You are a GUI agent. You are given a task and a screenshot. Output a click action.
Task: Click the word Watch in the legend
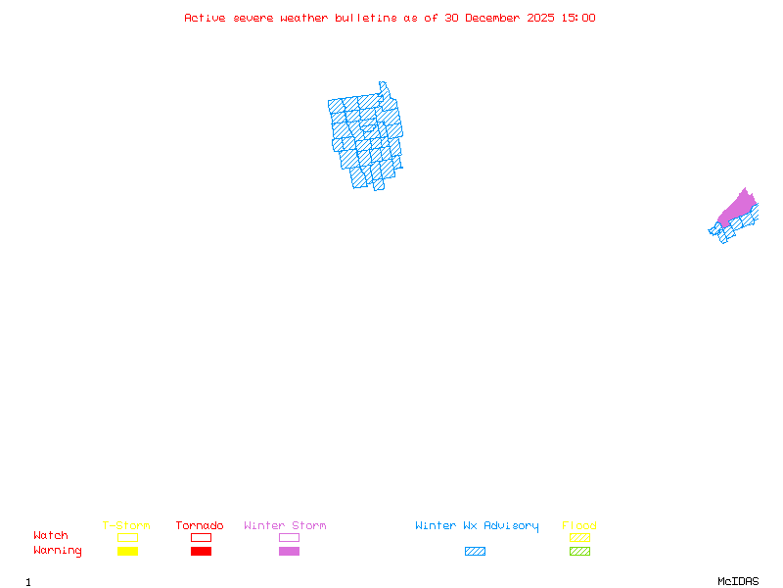[x=51, y=536]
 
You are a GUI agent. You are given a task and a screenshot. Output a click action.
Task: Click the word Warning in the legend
[x=58, y=551]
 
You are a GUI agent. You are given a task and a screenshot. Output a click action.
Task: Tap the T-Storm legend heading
[x=126, y=526]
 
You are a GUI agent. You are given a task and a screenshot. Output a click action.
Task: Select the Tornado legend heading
[x=200, y=526]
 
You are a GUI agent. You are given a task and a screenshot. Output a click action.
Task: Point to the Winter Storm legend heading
[x=285, y=526]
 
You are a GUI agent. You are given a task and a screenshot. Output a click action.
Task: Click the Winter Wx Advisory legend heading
[x=477, y=526]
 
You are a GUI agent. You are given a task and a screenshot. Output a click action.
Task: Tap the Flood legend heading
[x=579, y=526]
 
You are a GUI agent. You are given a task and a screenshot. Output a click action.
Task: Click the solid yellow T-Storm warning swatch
[x=127, y=552]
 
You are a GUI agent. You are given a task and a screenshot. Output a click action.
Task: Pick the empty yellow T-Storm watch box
[x=127, y=537]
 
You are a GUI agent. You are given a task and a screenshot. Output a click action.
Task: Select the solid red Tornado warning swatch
[x=201, y=552]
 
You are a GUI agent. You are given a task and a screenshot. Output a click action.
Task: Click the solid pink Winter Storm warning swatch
[x=289, y=552]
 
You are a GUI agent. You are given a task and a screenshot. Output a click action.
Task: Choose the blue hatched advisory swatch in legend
[x=475, y=552]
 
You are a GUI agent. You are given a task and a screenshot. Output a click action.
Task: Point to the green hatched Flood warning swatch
[x=579, y=552]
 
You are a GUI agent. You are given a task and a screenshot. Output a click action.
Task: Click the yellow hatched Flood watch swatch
[x=579, y=537]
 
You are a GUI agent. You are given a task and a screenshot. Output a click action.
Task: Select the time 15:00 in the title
[x=578, y=18]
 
